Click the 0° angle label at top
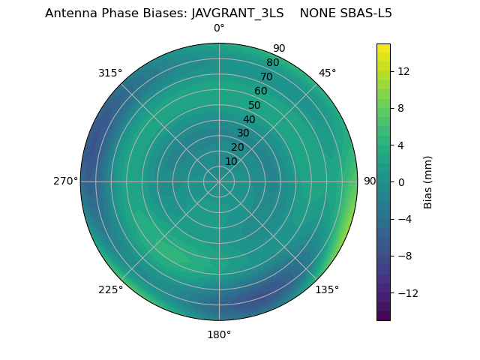(219, 28)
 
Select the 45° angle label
(327, 73)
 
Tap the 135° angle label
(327, 289)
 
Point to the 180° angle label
(219, 334)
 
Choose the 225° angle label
(110, 289)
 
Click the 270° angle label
(65, 181)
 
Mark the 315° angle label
(110, 73)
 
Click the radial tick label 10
(231, 161)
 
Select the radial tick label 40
(249, 119)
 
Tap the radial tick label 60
(260, 91)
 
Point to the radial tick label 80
(272, 63)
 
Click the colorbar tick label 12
(403, 71)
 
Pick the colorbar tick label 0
(400, 181)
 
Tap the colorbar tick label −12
(406, 292)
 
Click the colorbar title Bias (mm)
(428, 181)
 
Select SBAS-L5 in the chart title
(364, 13)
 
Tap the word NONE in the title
(316, 13)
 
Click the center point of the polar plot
(219, 181)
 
